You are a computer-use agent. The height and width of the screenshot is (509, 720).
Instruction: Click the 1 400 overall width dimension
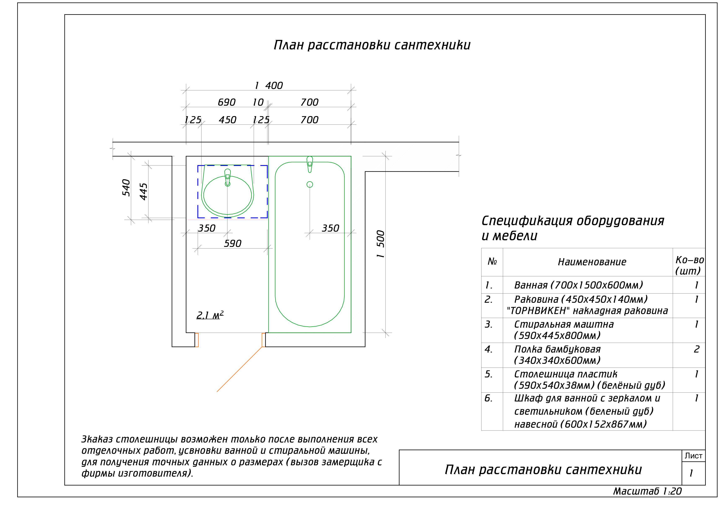(269, 86)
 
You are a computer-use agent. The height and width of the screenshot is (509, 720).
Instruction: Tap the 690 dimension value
(227, 103)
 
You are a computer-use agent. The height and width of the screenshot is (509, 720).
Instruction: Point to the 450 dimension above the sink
(227, 120)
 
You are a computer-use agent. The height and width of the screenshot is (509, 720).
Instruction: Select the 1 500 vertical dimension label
(381, 244)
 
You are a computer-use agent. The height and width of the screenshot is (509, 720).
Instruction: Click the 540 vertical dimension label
(126, 187)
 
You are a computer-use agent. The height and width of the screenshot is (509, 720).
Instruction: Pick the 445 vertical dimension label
(143, 191)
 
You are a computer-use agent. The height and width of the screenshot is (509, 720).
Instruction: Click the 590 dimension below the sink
(232, 244)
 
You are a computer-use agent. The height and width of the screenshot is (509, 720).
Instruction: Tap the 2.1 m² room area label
(210, 315)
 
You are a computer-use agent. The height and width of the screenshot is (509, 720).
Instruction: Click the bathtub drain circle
(310, 185)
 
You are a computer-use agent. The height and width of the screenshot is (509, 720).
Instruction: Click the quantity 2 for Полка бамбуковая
(697, 349)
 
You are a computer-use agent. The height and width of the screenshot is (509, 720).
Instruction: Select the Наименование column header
(592, 262)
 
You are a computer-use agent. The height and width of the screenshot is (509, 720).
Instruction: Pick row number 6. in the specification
(488, 398)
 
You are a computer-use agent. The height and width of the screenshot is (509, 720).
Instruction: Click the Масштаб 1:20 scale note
(647, 491)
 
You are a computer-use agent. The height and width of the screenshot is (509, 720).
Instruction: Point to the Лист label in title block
(693, 456)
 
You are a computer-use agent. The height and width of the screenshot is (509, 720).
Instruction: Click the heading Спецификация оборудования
(573, 221)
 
